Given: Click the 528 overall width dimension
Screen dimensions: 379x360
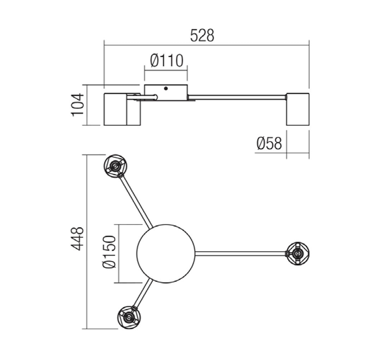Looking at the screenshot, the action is pyautogui.click(x=202, y=36).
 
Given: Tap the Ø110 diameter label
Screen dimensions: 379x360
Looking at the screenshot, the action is pyautogui.click(x=167, y=61).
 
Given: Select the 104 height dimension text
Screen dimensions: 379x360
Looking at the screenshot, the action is pyautogui.click(x=78, y=105).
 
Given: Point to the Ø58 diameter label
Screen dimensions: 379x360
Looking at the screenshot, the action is pyautogui.click(x=269, y=143).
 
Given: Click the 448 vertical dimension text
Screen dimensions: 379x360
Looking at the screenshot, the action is pyautogui.click(x=78, y=238).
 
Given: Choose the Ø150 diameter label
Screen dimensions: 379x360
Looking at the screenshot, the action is pyautogui.click(x=109, y=252).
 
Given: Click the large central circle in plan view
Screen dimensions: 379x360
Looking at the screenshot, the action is pyautogui.click(x=166, y=254).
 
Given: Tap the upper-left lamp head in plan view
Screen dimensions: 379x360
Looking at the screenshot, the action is pyautogui.click(x=115, y=166).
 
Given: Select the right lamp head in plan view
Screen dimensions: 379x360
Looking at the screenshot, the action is pyautogui.click(x=298, y=254).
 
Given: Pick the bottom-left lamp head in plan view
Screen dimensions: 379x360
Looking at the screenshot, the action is pyautogui.click(x=129, y=317).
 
